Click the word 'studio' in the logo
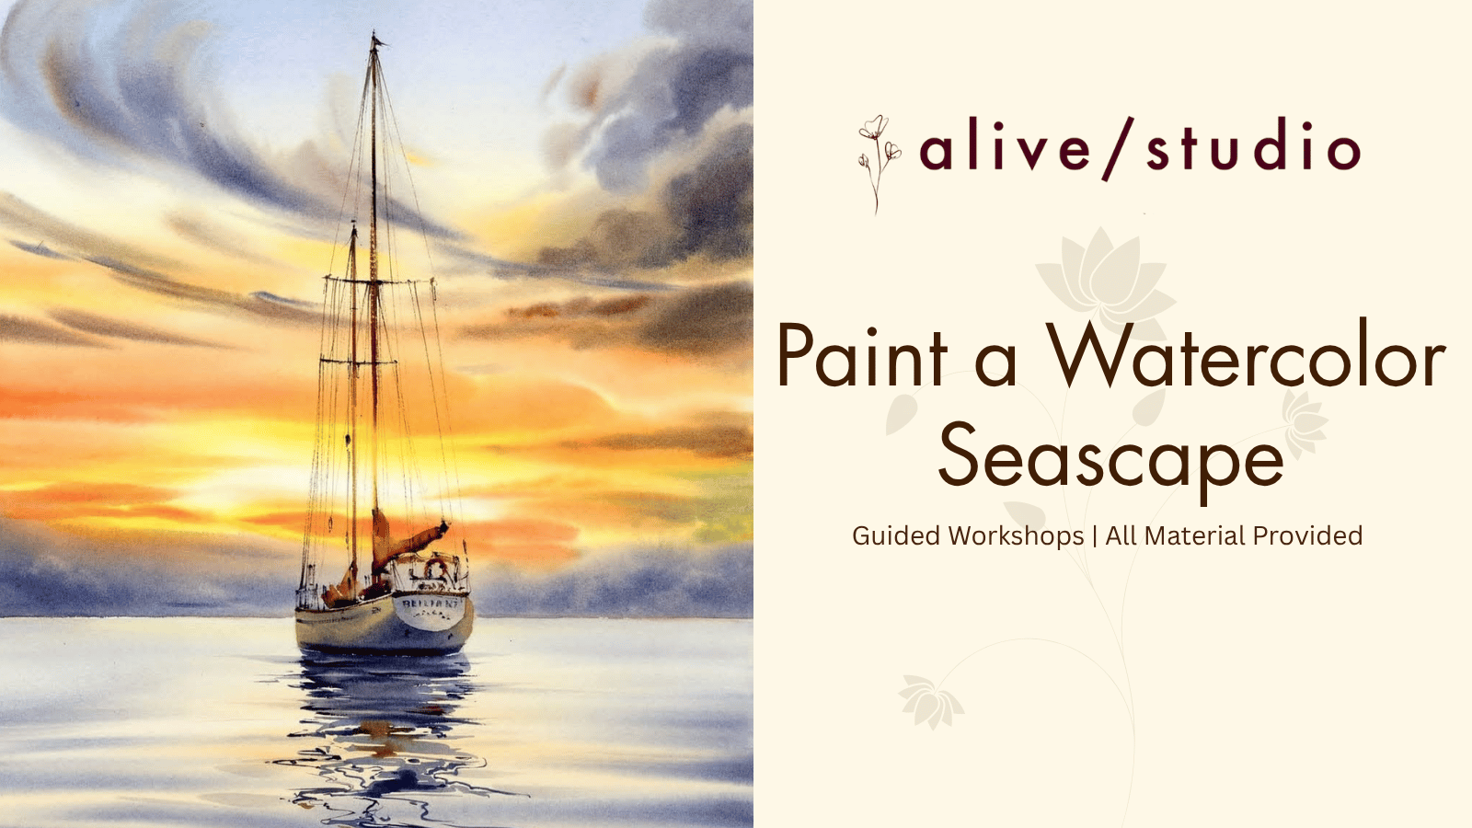coord(1253,144)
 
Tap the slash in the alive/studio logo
coord(1119,148)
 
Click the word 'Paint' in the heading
coord(862,355)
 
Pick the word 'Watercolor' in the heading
coord(1247,355)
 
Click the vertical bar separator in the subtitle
coord(1094,536)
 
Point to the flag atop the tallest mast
coord(377,40)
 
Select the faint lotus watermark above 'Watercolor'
coord(1106,282)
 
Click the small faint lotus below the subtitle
coord(930,700)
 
